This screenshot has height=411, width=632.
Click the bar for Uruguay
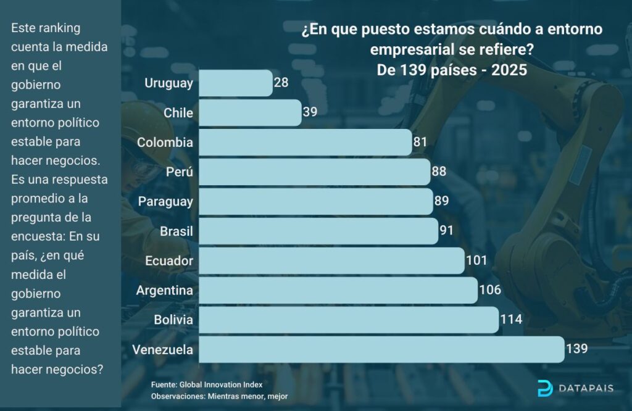pos(235,83)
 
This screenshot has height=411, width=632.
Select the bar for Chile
pos(250,112)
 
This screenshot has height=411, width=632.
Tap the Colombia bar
pos(305,142)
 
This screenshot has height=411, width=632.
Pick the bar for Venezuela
pos(381,349)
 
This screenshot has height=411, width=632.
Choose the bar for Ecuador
pos(331,260)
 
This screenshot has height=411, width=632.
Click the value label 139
pos(576,349)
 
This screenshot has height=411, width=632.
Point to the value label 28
pos(281,83)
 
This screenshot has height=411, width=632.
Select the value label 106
pos(489,290)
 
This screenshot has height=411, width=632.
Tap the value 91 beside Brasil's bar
pos(446,231)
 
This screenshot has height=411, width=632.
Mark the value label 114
pos(511,320)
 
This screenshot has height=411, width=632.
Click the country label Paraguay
pos(165,201)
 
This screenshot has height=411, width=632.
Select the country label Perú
pos(180,172)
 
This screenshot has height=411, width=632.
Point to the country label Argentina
pos(165,290)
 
